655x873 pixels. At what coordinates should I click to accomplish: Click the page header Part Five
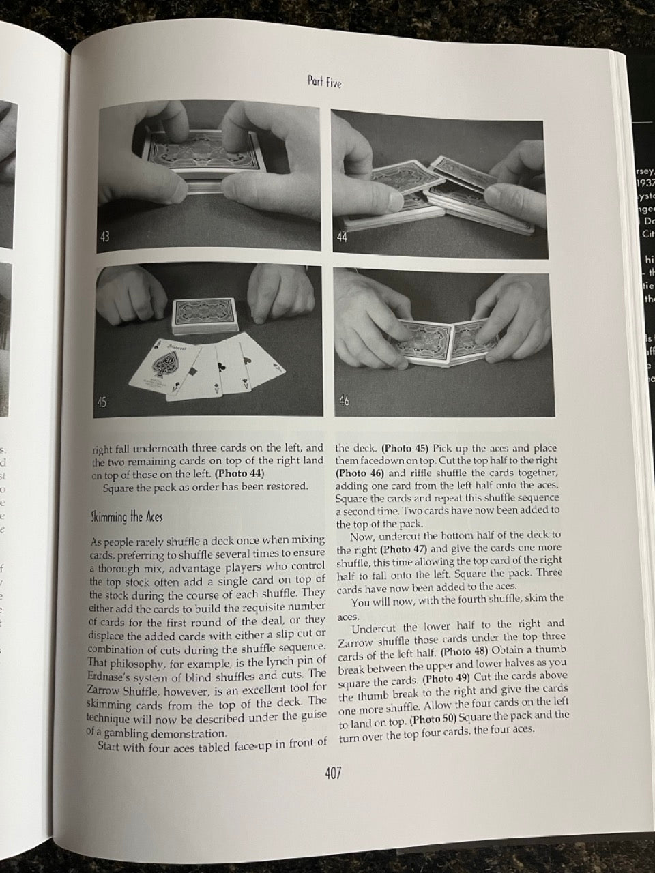324,83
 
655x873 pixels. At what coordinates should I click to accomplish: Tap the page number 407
332,773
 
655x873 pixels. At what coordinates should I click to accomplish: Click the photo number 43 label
108,237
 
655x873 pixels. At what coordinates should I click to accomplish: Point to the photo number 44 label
341,237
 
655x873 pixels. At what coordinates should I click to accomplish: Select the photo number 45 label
102,402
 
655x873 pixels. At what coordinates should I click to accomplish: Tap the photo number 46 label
344,401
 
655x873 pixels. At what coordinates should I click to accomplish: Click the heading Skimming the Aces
126,516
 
